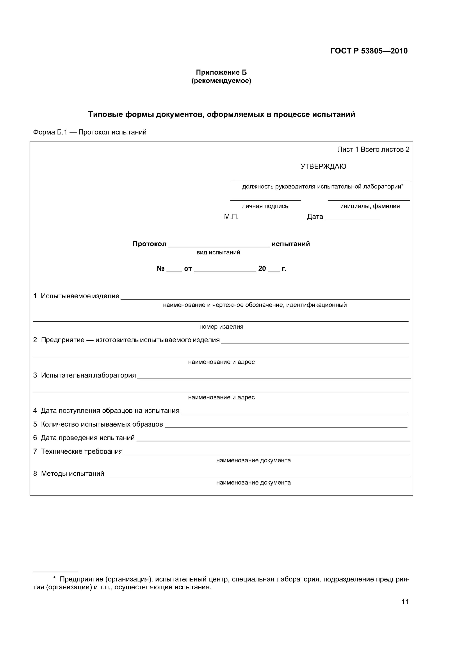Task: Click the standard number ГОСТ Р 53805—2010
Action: (369, 51)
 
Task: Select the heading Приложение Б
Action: (221, 72)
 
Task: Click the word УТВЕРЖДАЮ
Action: (323, 166)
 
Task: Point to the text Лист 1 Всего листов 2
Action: (373, 150)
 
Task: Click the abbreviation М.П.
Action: (231, 217)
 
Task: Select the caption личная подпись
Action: (265, 206)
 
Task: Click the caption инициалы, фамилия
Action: (370, 206)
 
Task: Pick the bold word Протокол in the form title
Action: (149, 244)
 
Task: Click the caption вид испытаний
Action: (218, 252)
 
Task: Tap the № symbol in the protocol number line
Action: (160, 268)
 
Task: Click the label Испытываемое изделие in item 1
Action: (80, 296)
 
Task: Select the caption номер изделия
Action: (221, 327)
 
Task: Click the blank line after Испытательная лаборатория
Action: (274, 377)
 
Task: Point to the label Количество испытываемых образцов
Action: (102, 424)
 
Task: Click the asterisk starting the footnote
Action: (54, 579)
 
